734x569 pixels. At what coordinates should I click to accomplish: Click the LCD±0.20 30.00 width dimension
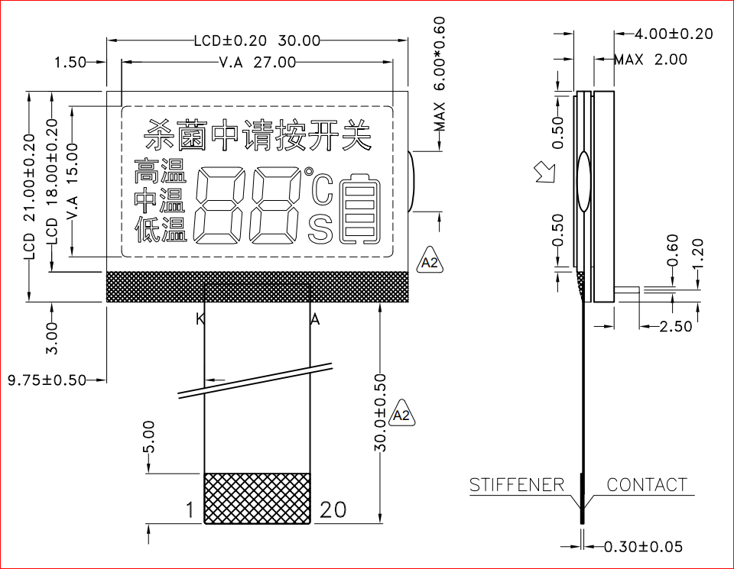pos(257,40)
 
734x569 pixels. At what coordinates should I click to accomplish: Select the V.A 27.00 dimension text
pos(258,62)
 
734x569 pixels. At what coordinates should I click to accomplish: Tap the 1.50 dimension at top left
pos(70,62)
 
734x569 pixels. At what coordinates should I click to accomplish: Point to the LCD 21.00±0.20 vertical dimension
pos(29,196)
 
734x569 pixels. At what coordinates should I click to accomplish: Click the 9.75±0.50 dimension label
pos(47,380)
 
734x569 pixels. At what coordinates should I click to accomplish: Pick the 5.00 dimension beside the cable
pos(148,437)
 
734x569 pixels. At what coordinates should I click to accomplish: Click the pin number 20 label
pos(333,509)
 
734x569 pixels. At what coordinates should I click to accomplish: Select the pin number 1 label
pos(190,509)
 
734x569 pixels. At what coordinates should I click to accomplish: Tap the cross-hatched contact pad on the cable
pos(257,498)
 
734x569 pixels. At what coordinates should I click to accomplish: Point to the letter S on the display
pos(320,230)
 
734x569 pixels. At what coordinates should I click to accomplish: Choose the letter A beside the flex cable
pos(315,319)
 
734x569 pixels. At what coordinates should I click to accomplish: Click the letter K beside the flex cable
pos(200,319)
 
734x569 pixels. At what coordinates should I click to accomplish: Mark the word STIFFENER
pos(517,485)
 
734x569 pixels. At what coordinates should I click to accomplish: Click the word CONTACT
pos(647,485)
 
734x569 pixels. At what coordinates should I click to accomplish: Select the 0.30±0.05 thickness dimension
pos(643,546)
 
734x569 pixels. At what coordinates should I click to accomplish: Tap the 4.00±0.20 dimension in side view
pos(674,34)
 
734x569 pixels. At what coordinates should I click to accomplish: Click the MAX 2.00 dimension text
pos(651,60)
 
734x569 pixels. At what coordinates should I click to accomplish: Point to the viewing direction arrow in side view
pos(545,172)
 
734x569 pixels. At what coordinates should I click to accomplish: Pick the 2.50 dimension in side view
pos(675,326)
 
